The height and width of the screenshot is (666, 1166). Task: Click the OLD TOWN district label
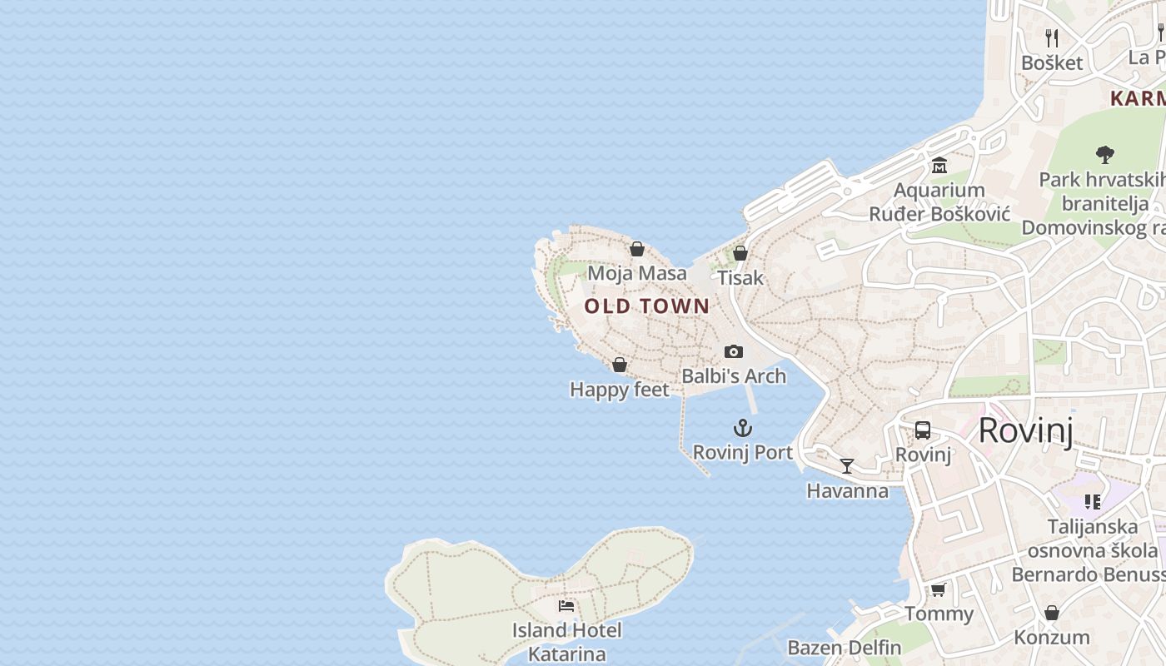coord(647,306)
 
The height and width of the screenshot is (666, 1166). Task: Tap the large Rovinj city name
coord(1025,430)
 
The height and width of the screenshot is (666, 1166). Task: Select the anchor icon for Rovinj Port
coord(742,429)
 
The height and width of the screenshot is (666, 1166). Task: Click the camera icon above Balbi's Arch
coord(733,351)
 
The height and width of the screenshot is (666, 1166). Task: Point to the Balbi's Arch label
coord(734,376)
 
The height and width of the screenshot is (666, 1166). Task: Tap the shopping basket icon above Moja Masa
coord(637,249)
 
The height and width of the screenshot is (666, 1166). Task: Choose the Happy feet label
coord(619,390)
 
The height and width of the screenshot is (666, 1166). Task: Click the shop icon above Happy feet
coord(620,365)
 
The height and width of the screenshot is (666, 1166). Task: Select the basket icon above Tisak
coord(740,253)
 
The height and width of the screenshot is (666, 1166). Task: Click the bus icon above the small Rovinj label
coord(923,430)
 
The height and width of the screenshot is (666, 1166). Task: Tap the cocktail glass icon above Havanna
coord(847,466)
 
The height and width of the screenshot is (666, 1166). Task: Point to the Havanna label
coord(847,490)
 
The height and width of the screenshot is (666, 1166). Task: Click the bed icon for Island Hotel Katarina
coord(566,605)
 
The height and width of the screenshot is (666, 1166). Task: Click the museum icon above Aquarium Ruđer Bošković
coord(939,166)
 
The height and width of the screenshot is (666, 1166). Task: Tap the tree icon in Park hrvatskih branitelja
coord(1105,154)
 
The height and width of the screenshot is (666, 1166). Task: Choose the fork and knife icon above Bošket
coord(1052,37)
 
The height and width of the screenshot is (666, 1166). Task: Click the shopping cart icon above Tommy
coord(939,589)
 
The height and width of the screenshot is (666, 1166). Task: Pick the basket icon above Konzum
coord(1052,613)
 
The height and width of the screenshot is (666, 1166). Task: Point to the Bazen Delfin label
coord(844,648)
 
